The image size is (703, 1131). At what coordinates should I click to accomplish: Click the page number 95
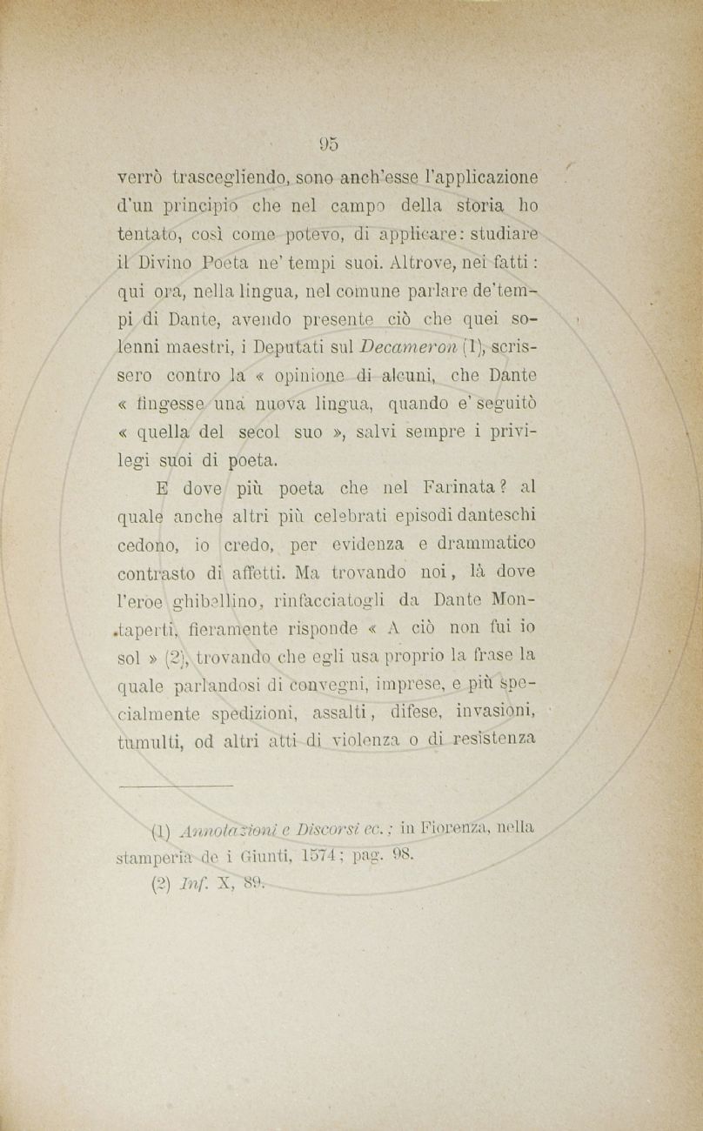(x=329, y=144)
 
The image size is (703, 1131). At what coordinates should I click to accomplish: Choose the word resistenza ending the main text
(x=492, y=741)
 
